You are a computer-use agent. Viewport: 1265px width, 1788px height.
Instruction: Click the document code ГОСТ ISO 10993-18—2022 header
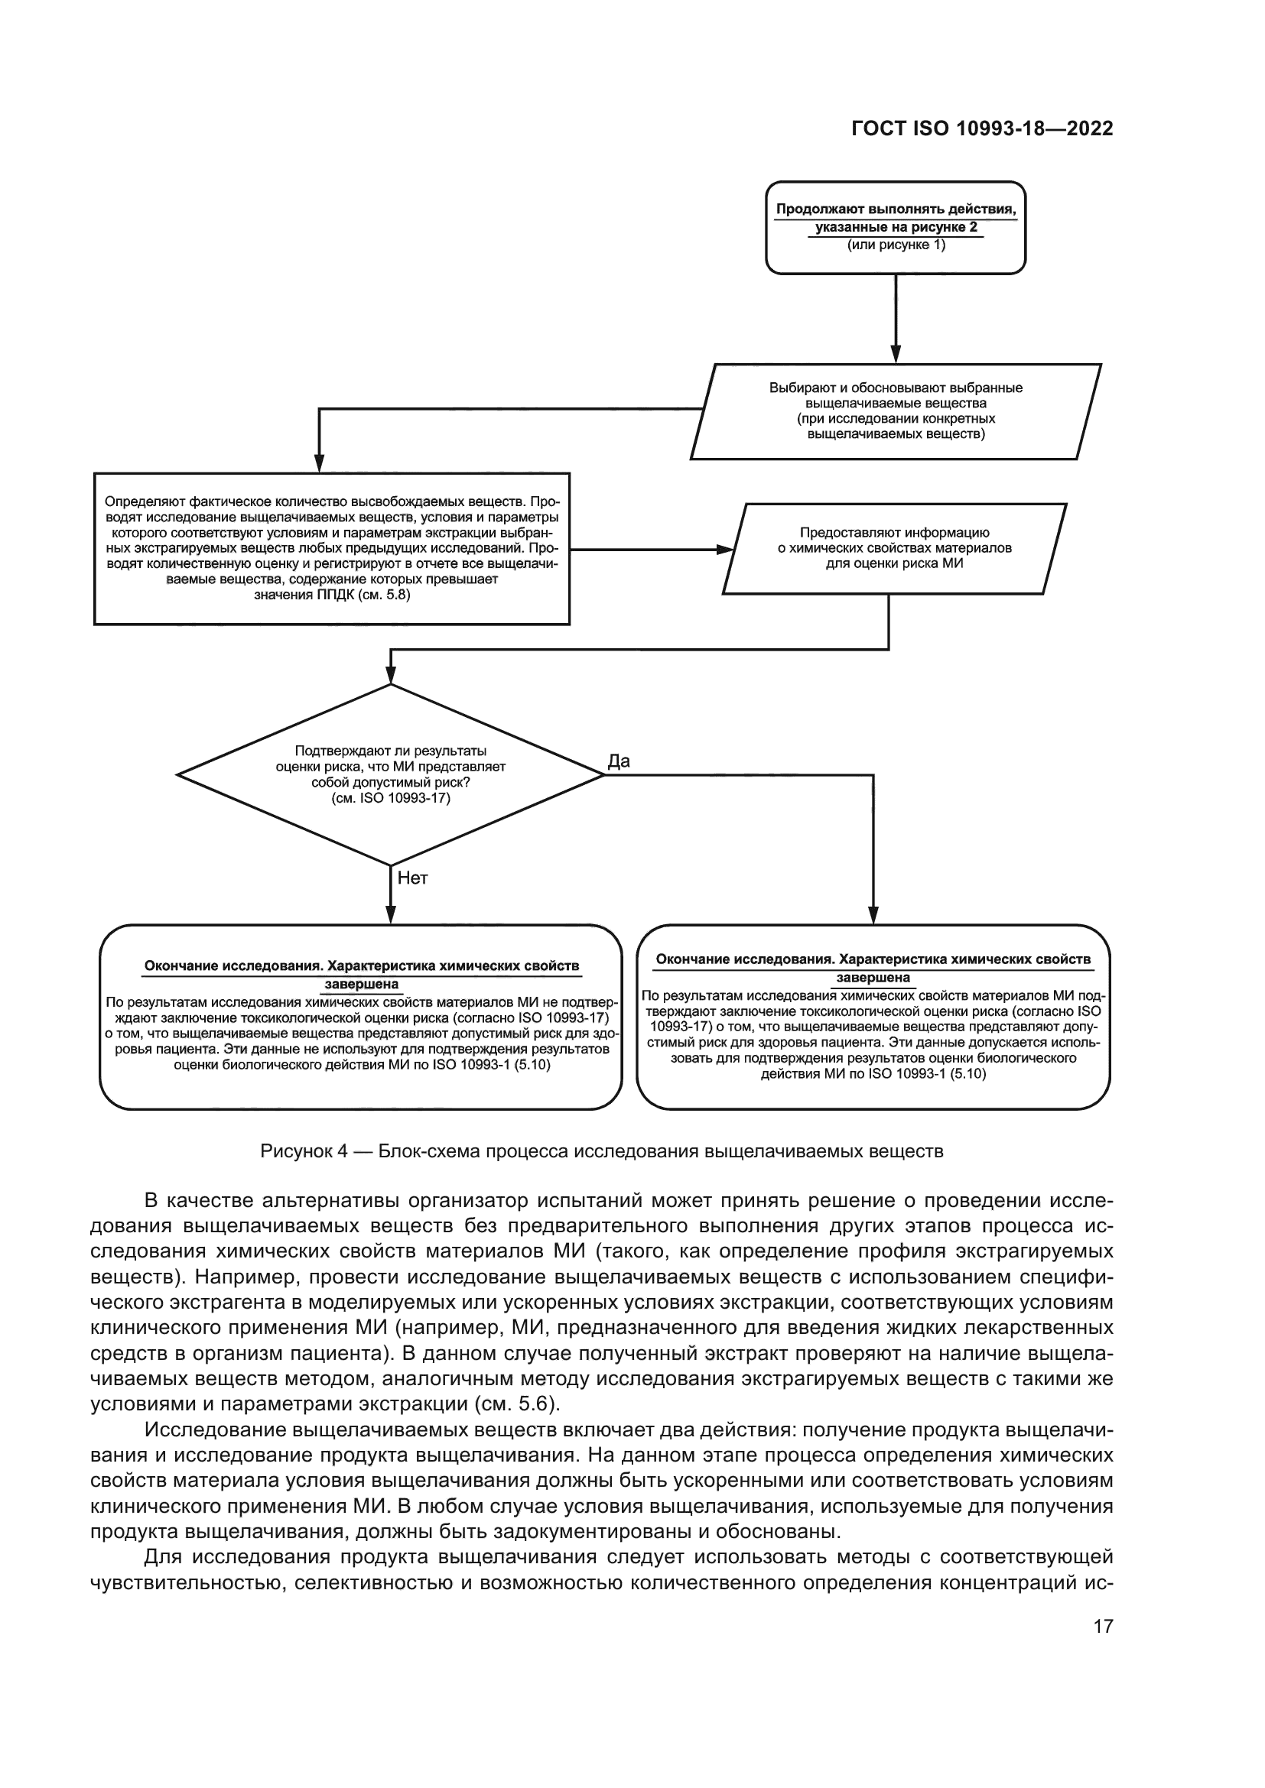click(981, 129)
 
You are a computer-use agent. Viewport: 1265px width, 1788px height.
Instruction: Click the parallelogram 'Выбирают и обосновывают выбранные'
click(896, 410)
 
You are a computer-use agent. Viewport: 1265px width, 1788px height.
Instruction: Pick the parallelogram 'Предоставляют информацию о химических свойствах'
click(894, 548)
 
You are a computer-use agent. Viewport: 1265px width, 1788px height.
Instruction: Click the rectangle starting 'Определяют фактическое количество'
click(332, 547)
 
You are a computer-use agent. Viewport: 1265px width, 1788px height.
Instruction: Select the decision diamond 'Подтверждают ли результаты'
click(390, 774)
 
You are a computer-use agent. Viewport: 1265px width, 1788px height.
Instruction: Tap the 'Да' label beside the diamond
click(619, 761)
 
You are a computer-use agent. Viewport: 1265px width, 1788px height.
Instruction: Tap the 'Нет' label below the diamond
click(413, 878)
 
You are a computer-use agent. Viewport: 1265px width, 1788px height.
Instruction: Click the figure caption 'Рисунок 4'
click(601, 1151)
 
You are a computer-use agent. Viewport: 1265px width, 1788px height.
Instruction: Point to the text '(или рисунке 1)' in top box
click(896, 245)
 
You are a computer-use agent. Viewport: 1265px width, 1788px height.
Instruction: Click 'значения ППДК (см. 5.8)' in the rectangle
click(332, 595)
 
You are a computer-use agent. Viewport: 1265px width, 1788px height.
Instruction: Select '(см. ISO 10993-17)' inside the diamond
click(390, 798)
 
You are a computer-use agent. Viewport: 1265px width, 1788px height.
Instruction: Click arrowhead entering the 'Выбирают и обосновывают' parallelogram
click(896, 357)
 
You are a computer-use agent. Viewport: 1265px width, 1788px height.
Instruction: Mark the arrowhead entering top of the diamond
click(390, 677)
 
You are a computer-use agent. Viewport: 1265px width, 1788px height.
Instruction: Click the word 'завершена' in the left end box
click(362, 985)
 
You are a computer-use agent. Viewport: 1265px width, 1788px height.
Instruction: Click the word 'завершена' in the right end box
click(873, 978)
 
